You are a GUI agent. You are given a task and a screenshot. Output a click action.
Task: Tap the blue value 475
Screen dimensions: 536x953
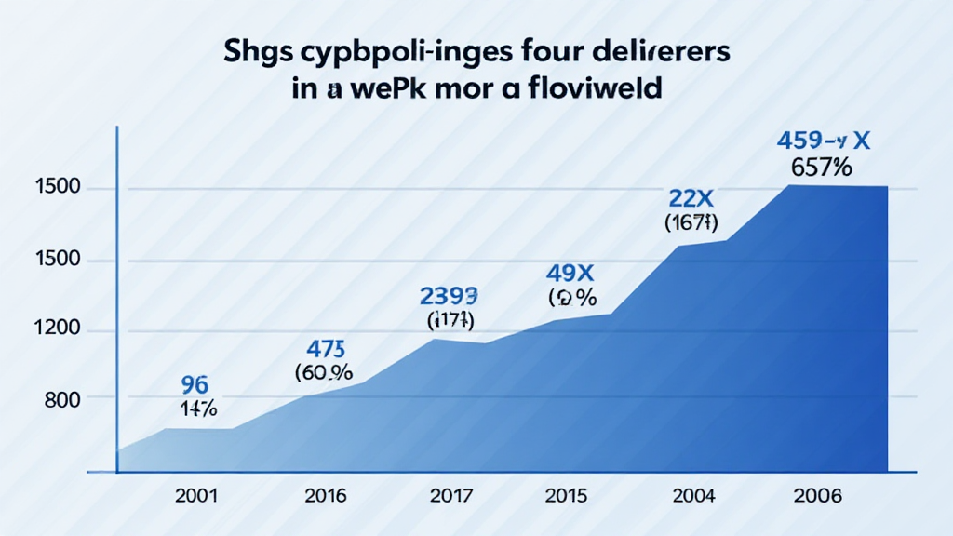click(326, 350)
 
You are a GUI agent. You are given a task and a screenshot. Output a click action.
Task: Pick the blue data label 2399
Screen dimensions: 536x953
click(450, 298)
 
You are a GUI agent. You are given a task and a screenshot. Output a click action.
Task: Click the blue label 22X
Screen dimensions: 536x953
click(690, 197)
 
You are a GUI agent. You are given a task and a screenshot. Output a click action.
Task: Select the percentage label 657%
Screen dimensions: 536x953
click(823, 168)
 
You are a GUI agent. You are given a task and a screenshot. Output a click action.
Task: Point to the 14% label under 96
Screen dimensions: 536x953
click(197, 408)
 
